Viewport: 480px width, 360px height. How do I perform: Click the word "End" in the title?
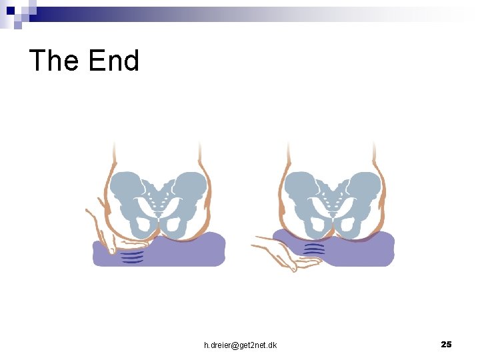tap(113, 61)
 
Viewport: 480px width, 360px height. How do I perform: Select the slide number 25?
tap(446, 344)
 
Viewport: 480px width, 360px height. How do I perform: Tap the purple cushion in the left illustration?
tap(193, 250)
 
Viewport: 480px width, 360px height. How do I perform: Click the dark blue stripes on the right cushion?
tap(314, 249)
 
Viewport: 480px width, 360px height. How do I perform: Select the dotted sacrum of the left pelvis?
tap(159, 197)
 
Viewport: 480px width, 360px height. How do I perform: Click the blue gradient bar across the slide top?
tap(200, 13)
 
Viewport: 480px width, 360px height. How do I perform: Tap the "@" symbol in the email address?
tap(235, 345)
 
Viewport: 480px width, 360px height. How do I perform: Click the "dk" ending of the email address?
tap(272, 345)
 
